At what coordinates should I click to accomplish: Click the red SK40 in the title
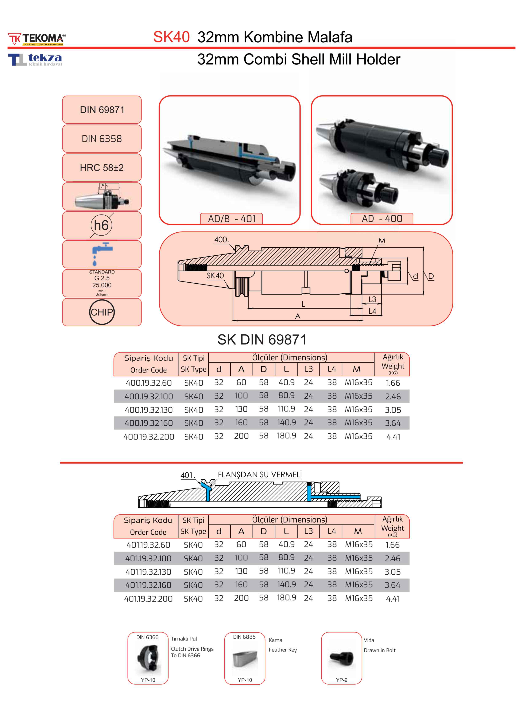171,37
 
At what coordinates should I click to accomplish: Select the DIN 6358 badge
102,138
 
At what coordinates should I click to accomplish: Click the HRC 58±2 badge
102,168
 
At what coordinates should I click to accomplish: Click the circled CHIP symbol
102,312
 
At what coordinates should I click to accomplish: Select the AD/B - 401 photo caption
231,219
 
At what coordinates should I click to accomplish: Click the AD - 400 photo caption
382,219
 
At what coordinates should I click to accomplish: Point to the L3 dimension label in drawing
372,299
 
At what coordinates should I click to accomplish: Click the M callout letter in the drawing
382,241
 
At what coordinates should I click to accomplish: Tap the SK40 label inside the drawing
215,276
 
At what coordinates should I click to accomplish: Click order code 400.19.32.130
148,410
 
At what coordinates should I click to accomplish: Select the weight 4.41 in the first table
393,437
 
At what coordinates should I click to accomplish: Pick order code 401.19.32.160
148,585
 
